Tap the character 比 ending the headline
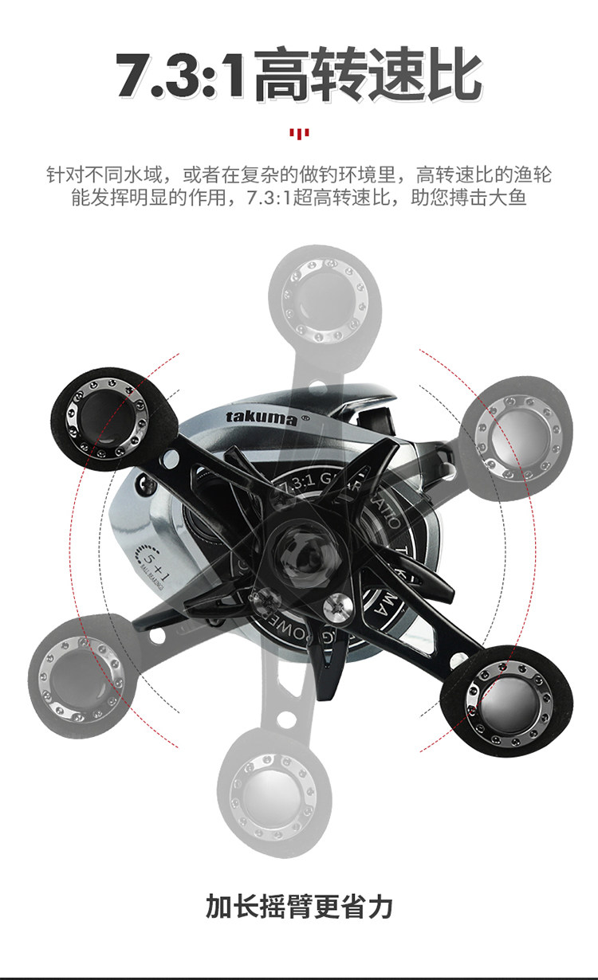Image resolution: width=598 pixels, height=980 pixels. click(x=452, y=75)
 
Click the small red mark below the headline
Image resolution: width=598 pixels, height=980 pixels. click(x=299, y=132)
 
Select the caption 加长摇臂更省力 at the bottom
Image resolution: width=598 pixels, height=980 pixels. click(x=299, y=906)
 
